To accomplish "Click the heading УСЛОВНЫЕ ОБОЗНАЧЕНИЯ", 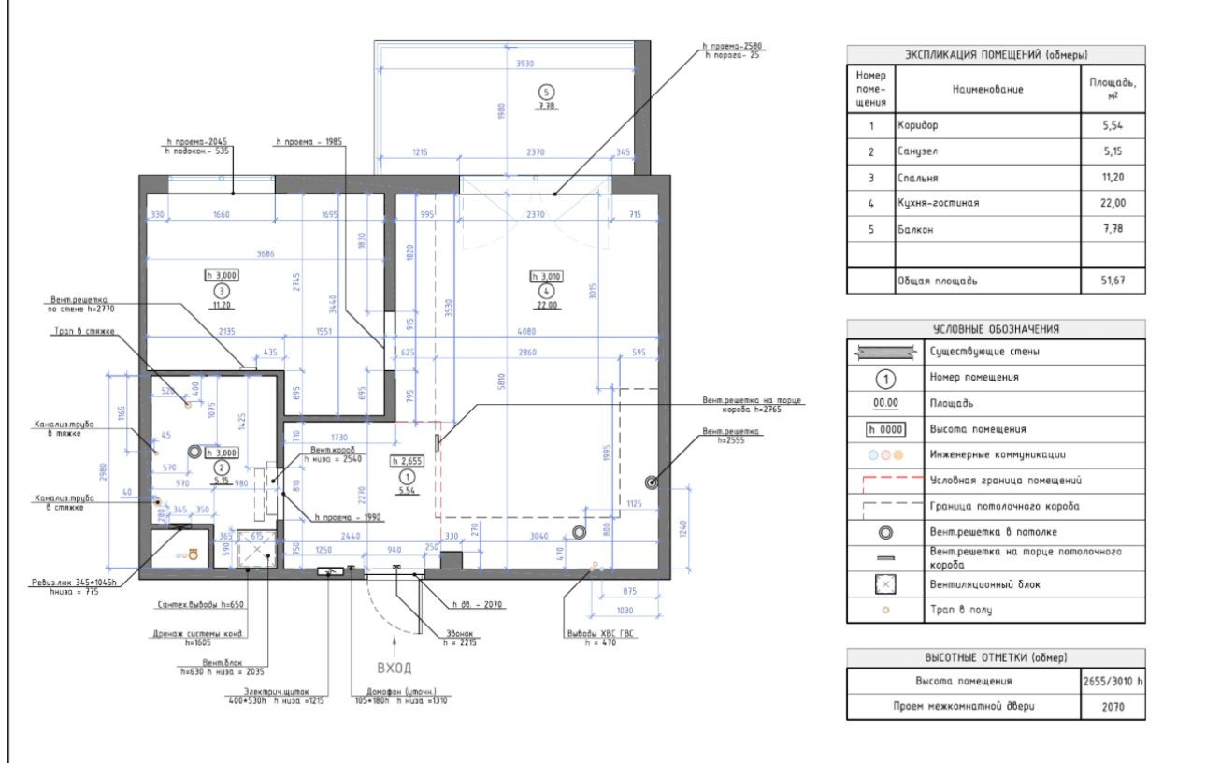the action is point(995,327).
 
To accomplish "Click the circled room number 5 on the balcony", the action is point(548,91).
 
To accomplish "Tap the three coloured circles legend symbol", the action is point(885,454).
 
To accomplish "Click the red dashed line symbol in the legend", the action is point(885,480).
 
